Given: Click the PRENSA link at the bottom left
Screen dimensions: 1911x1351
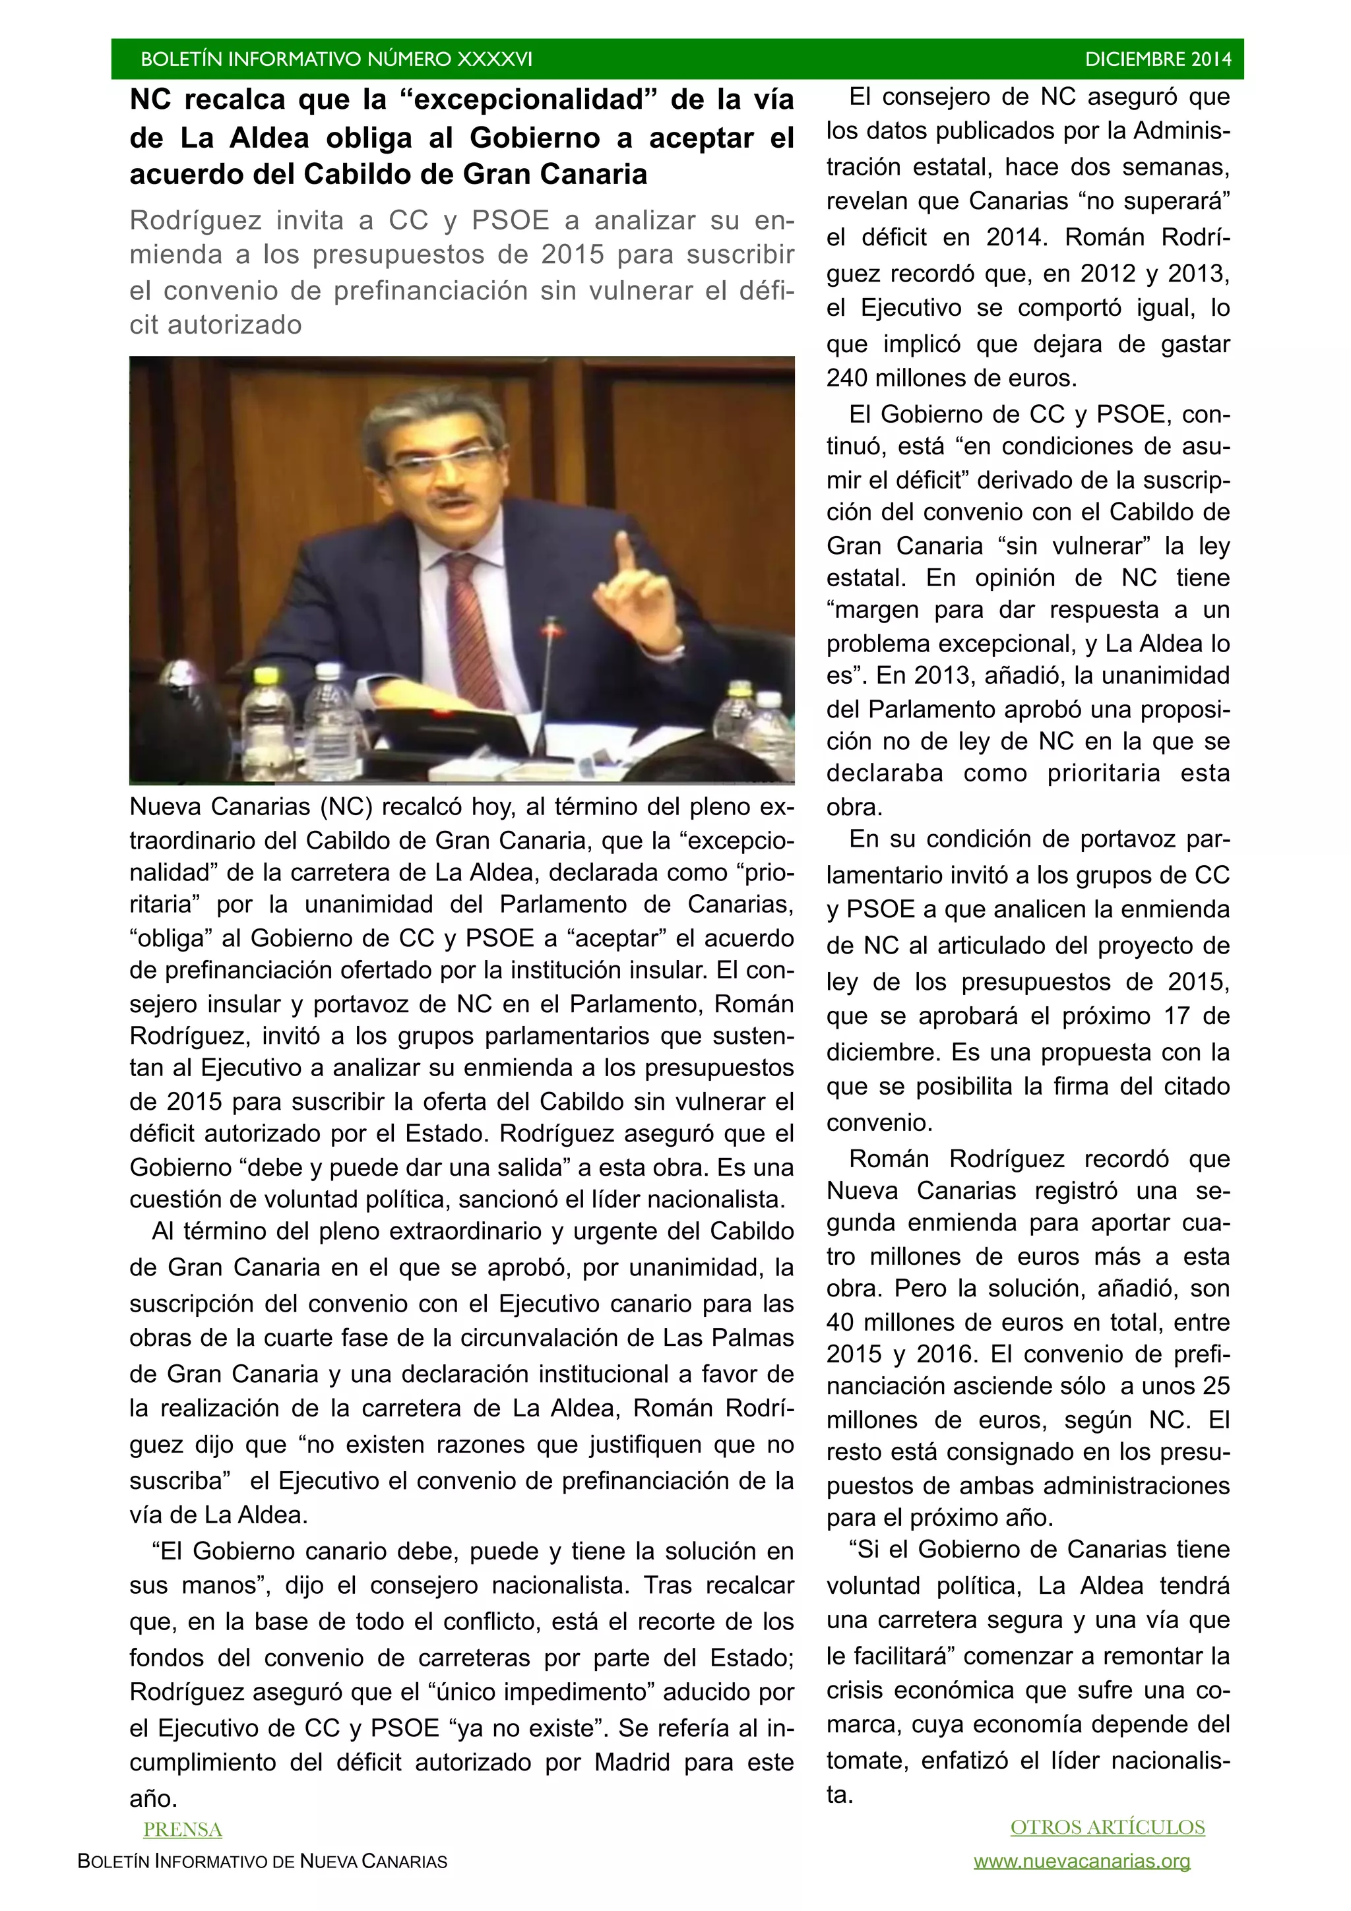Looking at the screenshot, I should point(182,1829).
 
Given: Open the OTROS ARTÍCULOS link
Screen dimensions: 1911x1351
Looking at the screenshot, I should point(1107,1827).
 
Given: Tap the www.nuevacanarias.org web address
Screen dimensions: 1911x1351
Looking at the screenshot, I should point(1081,1861).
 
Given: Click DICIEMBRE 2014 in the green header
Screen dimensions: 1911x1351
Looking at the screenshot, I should point(1157,59).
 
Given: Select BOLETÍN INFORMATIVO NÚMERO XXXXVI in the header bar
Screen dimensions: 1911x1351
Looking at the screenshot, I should point(336,59).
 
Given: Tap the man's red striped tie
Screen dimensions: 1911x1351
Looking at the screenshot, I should point(474,616).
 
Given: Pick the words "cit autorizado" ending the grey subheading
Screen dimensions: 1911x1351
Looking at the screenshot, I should point(216,324).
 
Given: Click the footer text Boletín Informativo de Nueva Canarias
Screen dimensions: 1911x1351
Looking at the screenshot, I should point(262,1861).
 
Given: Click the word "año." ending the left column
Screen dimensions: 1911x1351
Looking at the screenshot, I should point(153,1799).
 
